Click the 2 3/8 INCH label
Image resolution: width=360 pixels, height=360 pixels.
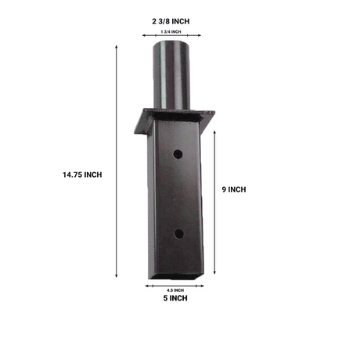point(179,20)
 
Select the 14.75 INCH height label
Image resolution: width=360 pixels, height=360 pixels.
point(82,174)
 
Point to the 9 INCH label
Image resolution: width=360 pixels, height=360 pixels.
point(234,189)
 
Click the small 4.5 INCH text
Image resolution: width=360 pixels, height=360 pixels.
point(179,290)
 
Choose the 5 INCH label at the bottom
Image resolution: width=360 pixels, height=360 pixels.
point(179,298)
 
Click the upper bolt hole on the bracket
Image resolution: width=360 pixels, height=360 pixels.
point(179,154)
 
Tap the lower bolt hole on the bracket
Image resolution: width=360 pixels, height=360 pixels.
point(179,233)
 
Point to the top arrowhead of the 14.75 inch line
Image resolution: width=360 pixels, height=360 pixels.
point(117,47)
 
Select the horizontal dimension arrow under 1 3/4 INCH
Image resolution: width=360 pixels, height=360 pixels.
point(179,35)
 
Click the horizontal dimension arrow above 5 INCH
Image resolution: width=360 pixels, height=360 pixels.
point(179,285)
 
